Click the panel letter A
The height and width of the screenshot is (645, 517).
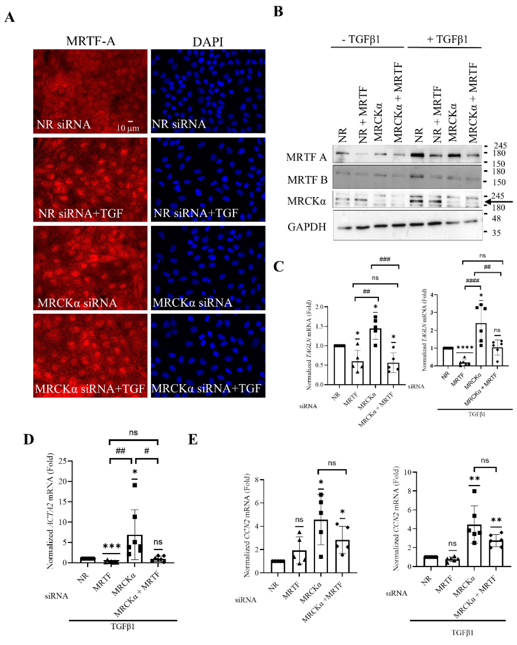tap(10, 17)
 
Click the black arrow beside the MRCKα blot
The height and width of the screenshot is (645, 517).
tap(499, 202)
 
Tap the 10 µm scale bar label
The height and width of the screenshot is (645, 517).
tap(128, 128)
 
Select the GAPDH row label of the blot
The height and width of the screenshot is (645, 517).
tap(306, 227)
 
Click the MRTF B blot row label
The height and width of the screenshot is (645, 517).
tap(307, 180)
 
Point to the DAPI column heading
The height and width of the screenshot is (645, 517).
tap(208, 42)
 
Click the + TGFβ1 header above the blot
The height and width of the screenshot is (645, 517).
tap(447, 39)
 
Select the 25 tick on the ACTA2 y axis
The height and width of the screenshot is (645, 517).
tap(63, 461)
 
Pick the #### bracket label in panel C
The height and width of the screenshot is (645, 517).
tap(473, 281)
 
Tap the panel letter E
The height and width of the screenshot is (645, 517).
tap(193, 440)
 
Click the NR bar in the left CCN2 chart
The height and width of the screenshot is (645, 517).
tap(278, 566)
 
